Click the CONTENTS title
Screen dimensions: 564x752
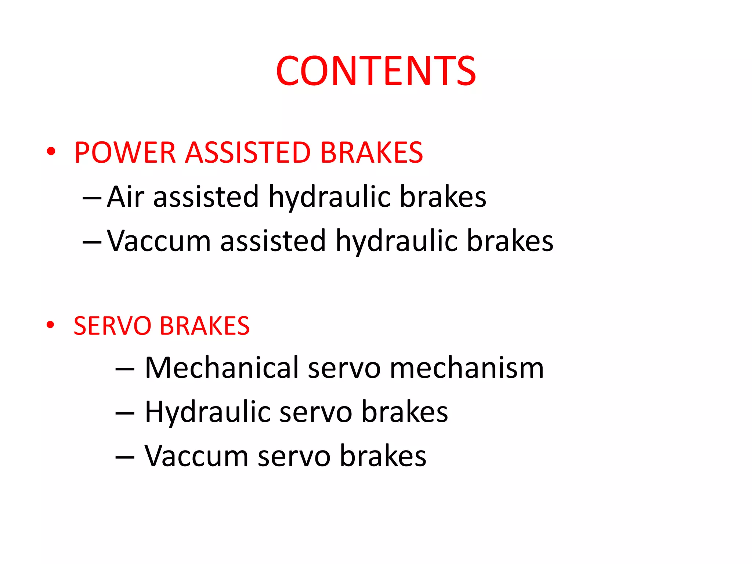[376, 71]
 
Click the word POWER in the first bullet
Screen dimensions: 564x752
[125, 153]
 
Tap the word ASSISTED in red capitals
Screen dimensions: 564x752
[248, 153]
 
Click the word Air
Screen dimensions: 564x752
[125, 197]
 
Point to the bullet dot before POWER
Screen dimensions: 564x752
[51, 151]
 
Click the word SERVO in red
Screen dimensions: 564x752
[112, 326]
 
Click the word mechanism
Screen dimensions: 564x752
[466, 368]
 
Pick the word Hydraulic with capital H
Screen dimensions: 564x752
[207, 412]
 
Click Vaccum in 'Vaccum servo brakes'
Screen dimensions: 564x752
[196, 456]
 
